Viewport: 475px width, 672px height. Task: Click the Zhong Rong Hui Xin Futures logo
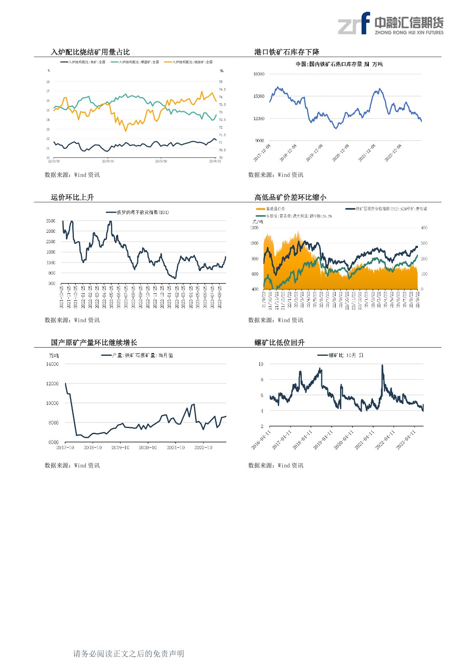point(390,24)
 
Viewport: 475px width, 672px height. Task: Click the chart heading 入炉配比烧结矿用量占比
point(90,52)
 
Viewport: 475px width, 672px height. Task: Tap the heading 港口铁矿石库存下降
point(287,52)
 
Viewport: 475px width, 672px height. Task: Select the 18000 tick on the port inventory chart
point(259,74)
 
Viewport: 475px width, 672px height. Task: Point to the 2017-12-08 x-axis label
point(262,153)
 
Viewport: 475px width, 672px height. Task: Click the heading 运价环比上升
point(72,197)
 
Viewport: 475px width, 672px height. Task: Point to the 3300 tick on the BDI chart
point(51,221)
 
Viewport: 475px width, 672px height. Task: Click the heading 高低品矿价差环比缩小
point(290,197)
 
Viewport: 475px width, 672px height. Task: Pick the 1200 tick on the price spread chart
point(254,228)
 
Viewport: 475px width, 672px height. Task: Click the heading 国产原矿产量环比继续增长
point(94,343)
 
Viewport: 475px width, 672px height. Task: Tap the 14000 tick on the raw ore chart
point(52,364)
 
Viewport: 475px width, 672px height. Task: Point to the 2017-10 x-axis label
point(65,448)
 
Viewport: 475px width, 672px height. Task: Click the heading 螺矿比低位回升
point(279,343)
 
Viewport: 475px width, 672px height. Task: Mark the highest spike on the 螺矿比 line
point(382,365)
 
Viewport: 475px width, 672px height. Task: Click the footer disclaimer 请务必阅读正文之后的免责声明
point(129,654)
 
